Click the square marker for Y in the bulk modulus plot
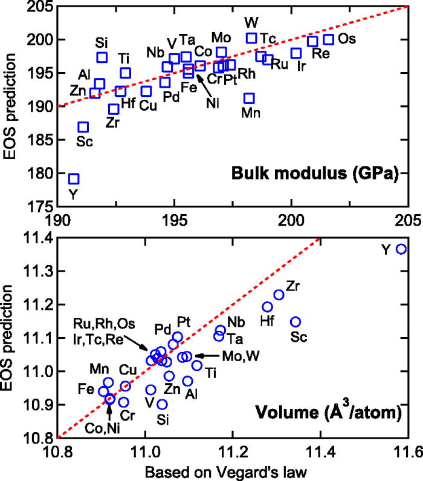point(74,178)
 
